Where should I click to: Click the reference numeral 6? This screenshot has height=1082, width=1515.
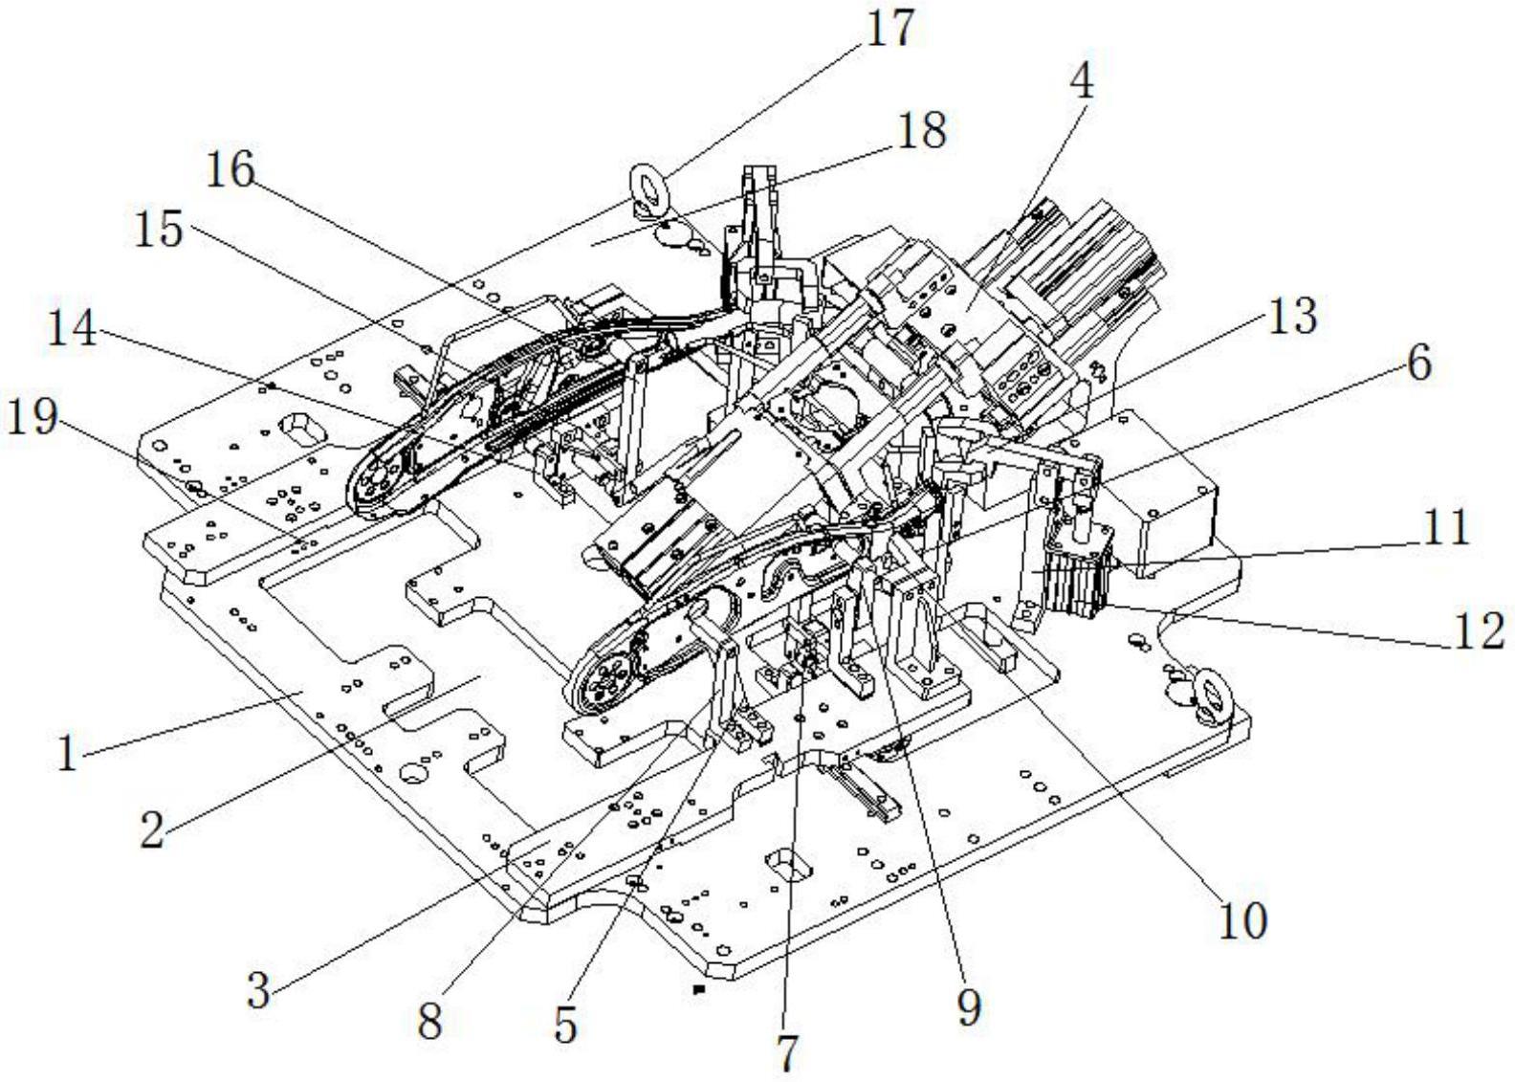pos(1419,363)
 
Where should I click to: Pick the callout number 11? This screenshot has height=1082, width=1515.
pos(1445,526)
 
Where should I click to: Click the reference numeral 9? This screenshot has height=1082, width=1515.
pos(969,1007)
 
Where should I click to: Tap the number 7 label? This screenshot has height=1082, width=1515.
pos(785,1052)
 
